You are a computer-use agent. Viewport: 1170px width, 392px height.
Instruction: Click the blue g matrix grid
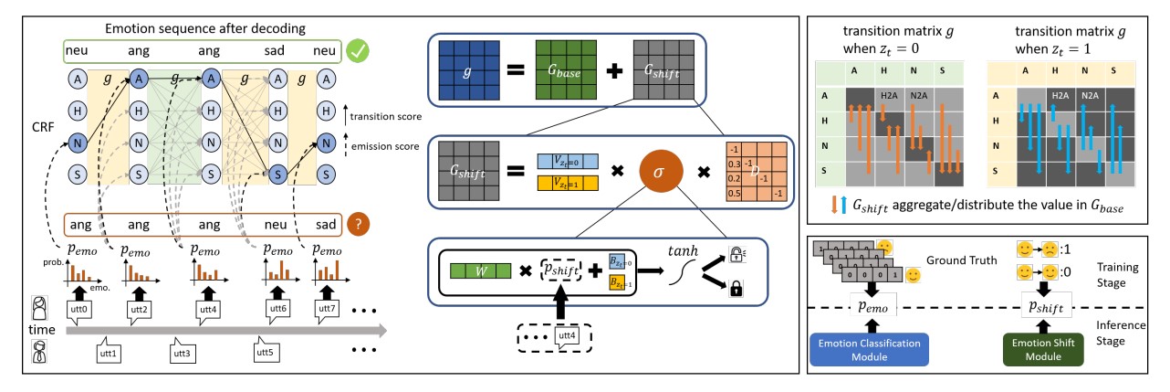[471, 69]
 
